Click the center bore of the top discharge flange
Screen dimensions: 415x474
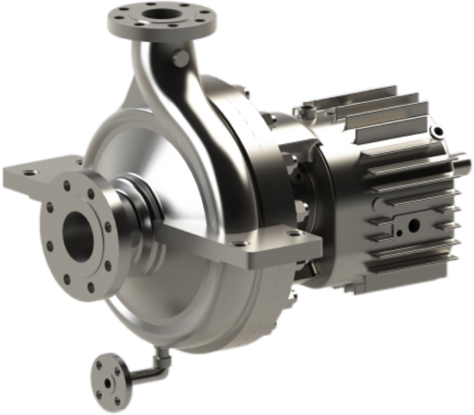click(161, 15)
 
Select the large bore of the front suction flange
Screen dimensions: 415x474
click(80, 232)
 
